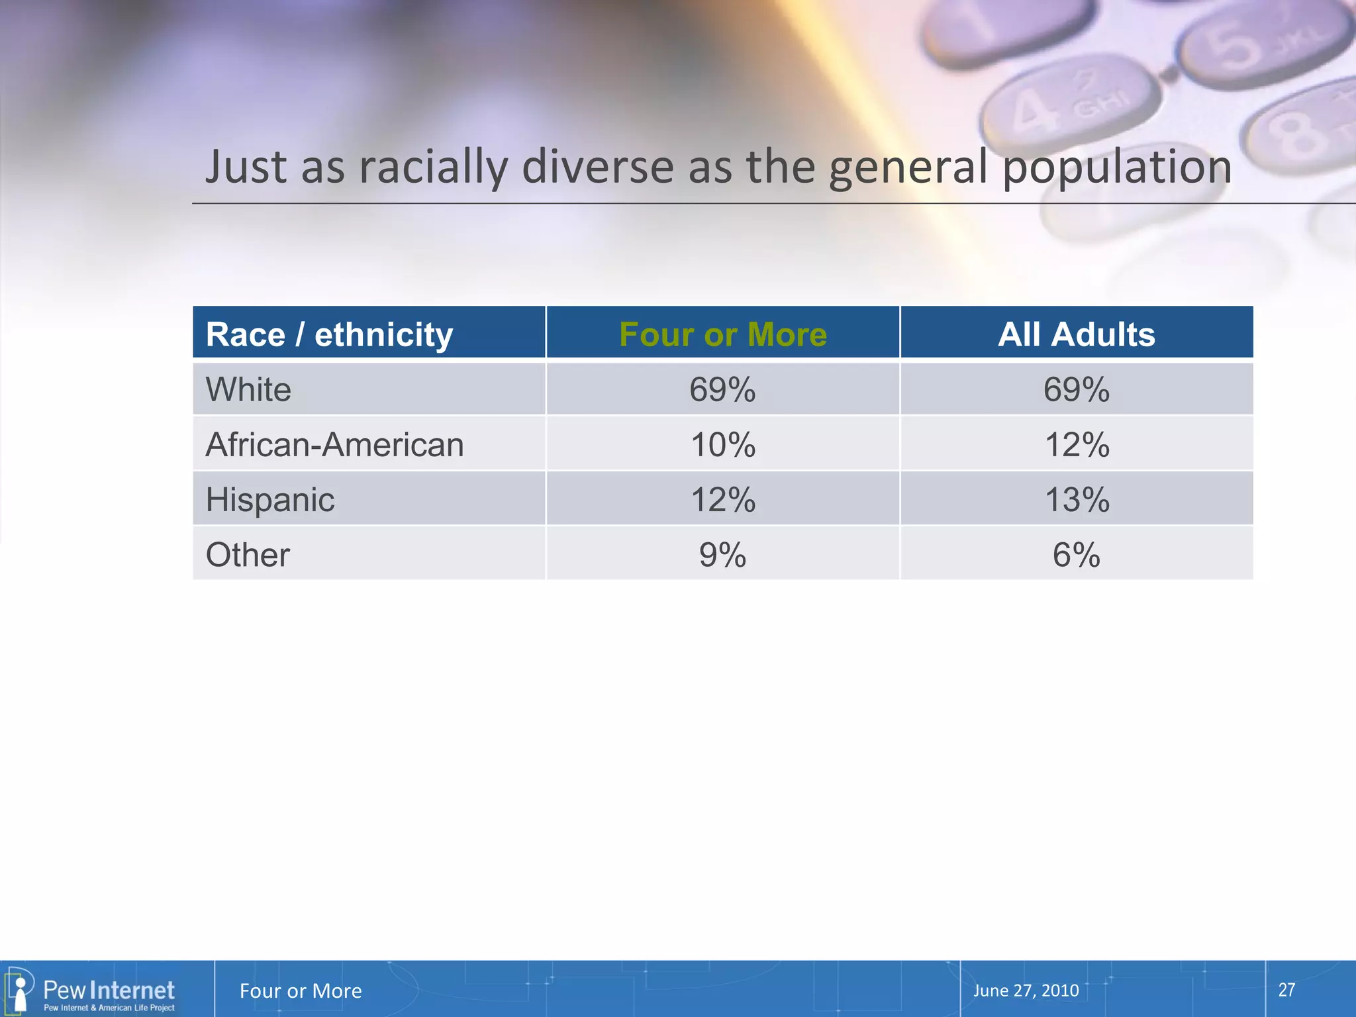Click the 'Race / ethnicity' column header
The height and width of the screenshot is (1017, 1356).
pos(329,334)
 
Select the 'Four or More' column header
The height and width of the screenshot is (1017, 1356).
pos(722,334)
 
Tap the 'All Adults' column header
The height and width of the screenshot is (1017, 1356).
pos(1076,334)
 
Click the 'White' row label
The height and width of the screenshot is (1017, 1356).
pos(248,389)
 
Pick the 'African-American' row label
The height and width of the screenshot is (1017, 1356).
pos(334,444)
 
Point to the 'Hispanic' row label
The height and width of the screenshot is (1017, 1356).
pos(270,499)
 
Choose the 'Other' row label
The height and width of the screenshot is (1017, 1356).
pos(248,555)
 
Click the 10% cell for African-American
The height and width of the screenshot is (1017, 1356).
pos(722,444)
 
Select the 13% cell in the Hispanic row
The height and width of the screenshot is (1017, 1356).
pos(1076,499)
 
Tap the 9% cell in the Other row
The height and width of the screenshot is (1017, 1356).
pos(722,555)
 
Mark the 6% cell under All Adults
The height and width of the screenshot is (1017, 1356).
pos(1076,555)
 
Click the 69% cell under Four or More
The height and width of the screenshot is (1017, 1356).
pos(722,389)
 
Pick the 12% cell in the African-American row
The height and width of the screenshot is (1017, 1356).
pos(1076,444)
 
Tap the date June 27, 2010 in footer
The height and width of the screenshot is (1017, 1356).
pos(1026,991)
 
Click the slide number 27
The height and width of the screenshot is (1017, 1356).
pos(1286,990)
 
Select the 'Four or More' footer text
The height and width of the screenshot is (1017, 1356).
pos(301,991)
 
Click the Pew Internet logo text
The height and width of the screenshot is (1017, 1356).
pos(109,991)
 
